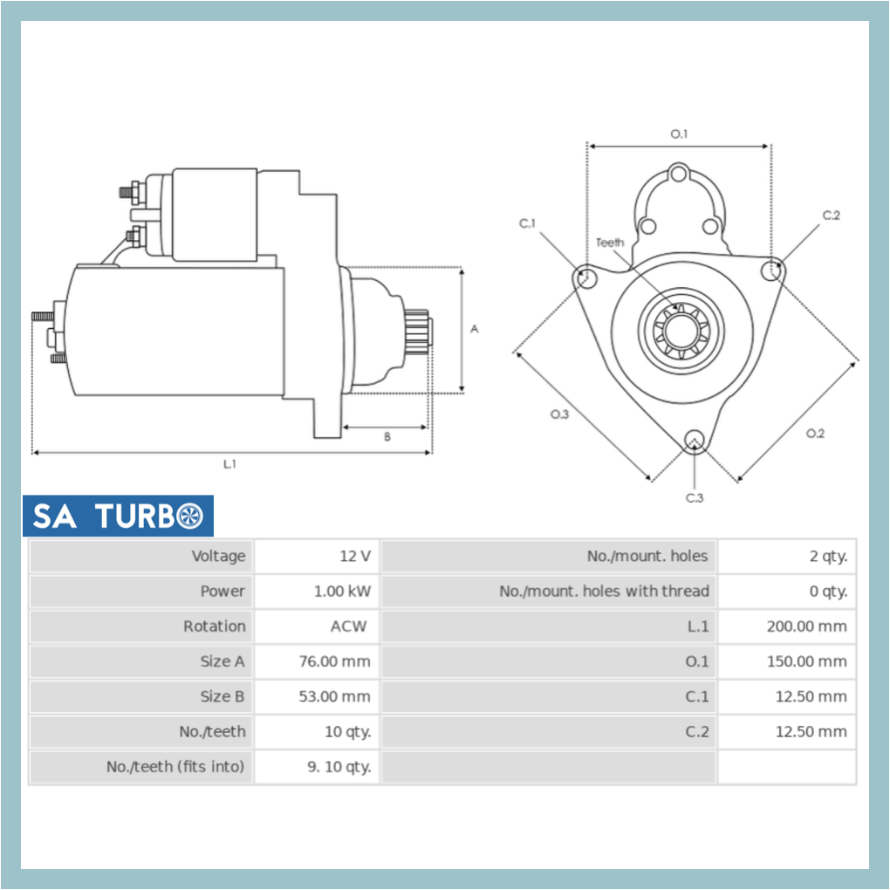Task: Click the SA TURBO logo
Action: pyautogui.click(x=118, y=516)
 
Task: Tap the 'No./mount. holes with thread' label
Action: pyautogui.click(x=604, y=591)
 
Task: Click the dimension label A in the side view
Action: pyautogui.click(x=475, y=329)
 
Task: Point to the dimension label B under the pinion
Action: pyautogui.click(x=387, y=437)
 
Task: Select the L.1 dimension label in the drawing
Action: pyautogui.click(x=229, y=464)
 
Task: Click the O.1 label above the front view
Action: pyautogui.click(x=679, y=133)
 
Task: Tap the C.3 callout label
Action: pyautogui.click(x=695, y=498)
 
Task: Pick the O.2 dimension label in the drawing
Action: pyautogui.click(x=815, y=434)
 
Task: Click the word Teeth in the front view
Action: pyautogui.click(x=610, y=242)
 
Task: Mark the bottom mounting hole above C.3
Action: pyautogui.click(x=695, y=439)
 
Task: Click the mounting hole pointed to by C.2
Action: pyautogui.click(x=770, y=271)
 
